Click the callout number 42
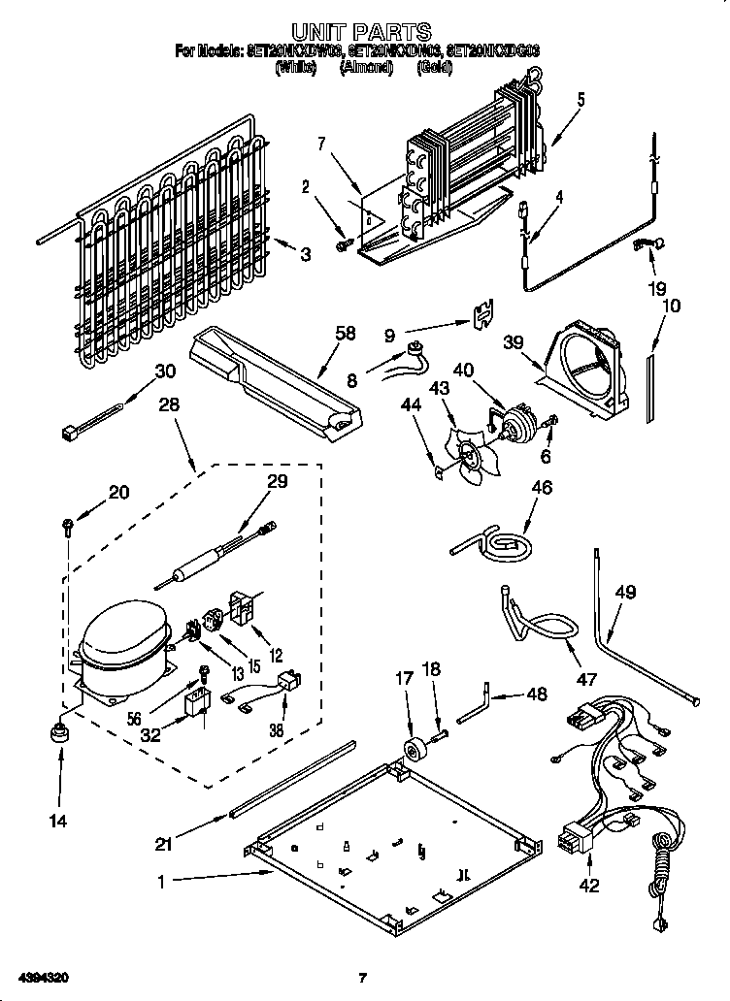pos(590,885)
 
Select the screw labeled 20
pos(66,527)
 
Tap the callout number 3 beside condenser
pos(307,255)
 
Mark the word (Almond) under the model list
pos(364,68)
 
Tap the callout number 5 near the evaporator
pos(581,99)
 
